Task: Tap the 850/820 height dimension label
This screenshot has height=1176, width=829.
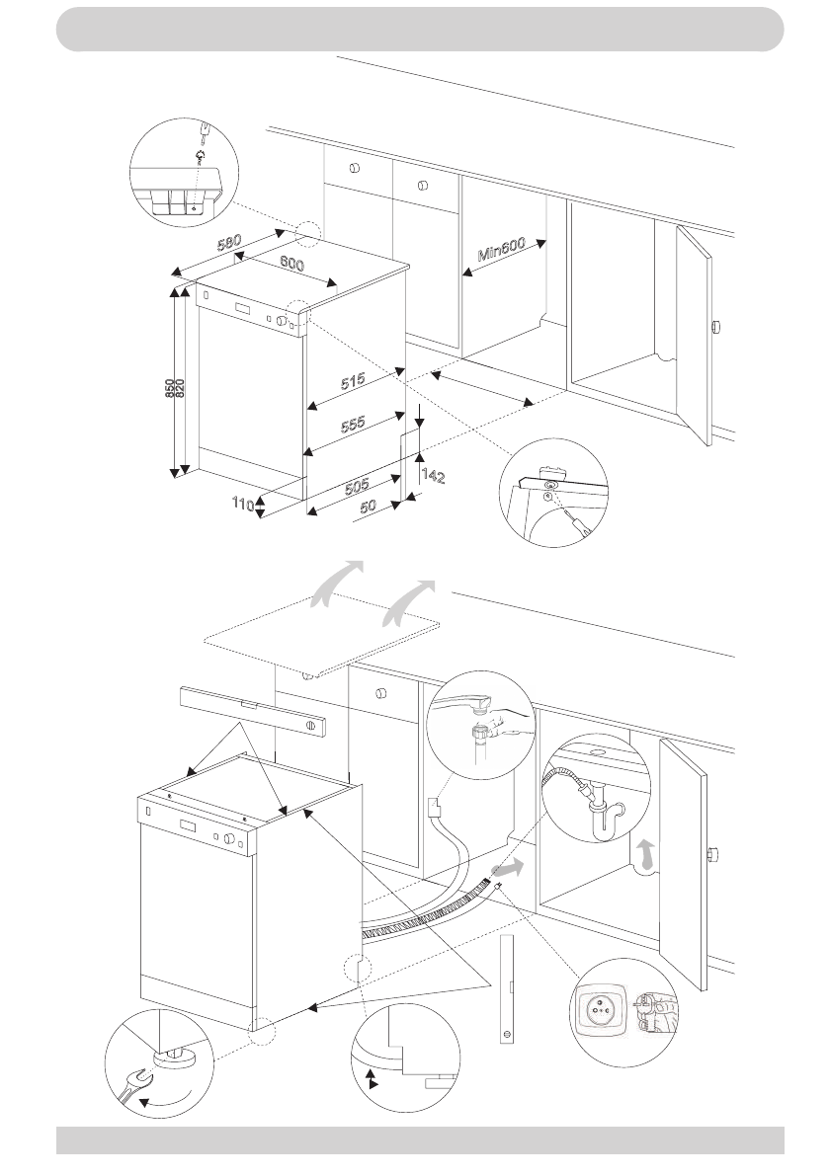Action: (x=175, y=390)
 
